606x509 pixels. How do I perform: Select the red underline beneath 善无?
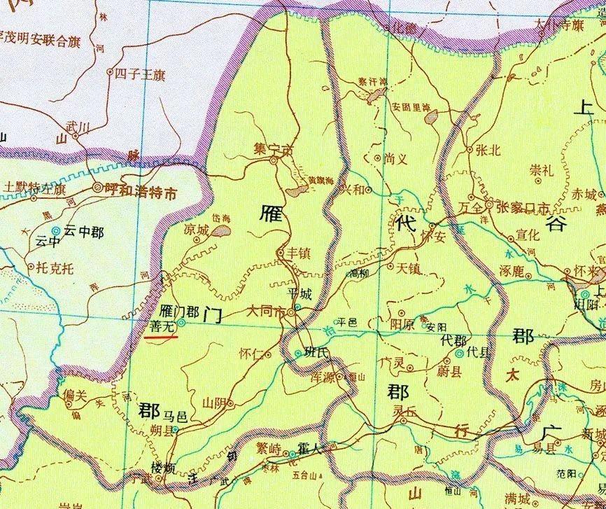pos(163,337)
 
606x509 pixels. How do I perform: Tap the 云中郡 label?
pos(83,230)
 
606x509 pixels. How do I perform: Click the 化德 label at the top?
pos(406,29)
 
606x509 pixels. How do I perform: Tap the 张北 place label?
pos(488,149)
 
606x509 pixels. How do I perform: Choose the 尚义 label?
pos(396,159)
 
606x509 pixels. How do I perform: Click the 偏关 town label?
pos(74,396)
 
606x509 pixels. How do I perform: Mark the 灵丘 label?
pos(404,411)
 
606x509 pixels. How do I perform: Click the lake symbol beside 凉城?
pos(221,229)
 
